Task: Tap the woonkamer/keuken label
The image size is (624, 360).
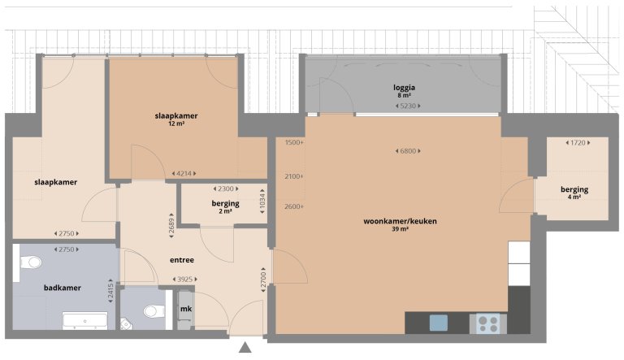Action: (397, 220)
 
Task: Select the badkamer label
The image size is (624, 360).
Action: (61, 287)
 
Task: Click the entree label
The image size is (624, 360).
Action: (181, 261)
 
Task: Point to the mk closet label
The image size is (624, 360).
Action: (185, 310)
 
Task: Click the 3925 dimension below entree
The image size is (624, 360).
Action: (187, 280)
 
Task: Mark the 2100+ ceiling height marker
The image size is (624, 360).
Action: (293, 176)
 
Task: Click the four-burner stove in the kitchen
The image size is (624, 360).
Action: (488, 323)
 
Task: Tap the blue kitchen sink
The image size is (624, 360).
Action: (439, 323)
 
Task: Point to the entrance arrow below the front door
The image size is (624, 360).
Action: (244, 349)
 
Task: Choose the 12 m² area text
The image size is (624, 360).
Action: (176, 124)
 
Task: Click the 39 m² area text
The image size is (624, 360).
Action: (397, 229)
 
